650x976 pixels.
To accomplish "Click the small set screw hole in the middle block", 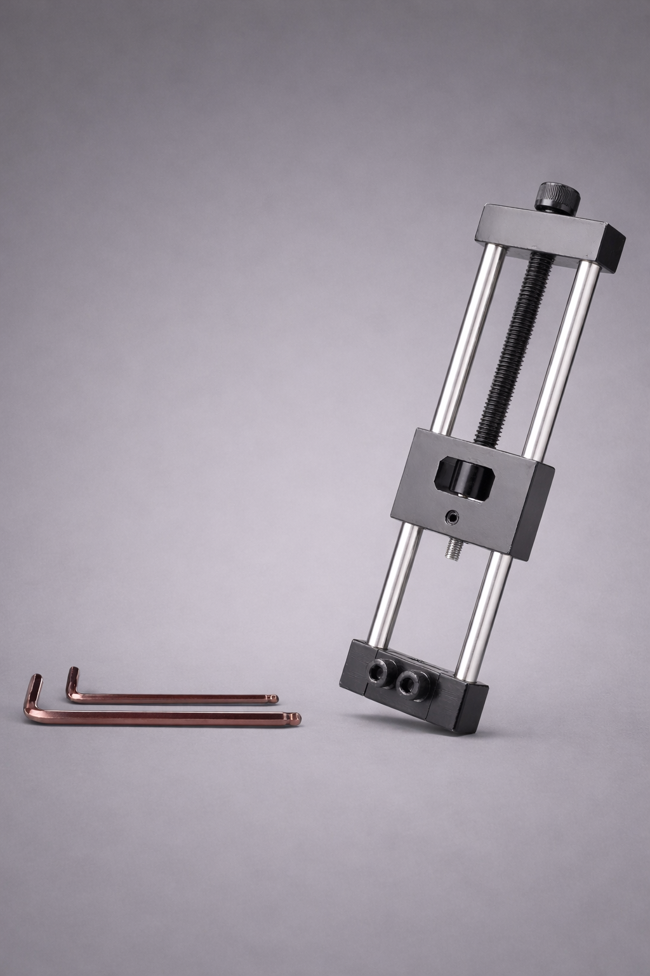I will pyautogui.click(x=451, y=518).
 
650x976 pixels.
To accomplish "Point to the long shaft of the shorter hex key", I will pyautogui.click(x=171, y=698).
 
